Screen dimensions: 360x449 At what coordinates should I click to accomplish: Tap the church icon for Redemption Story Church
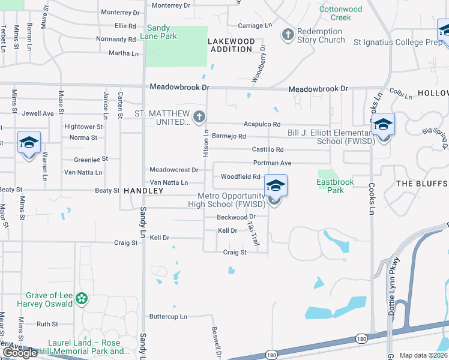(x=288, y=34)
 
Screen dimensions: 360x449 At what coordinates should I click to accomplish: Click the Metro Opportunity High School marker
(x=275, y=187)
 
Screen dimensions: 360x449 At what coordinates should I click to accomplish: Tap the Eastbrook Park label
(x=336, y=185)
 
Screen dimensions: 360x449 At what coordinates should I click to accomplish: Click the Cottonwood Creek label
(x=341, y=13)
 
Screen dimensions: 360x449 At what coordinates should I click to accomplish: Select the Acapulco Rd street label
(x=262, y=124)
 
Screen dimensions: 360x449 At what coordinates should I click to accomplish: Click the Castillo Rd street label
(x=267, y=149)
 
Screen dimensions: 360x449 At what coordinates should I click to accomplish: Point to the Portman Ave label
(x=272, y=163)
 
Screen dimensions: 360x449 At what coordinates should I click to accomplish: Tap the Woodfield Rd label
(x=240, y=176)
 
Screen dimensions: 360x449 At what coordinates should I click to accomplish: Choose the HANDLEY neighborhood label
(x=143, y=190)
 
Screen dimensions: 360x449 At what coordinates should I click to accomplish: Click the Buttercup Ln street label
(x=168, y=316)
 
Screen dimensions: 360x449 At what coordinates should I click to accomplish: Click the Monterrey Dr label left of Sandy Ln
(x=120, y=12)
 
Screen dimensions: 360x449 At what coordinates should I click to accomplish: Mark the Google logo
(x=20, y=353)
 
